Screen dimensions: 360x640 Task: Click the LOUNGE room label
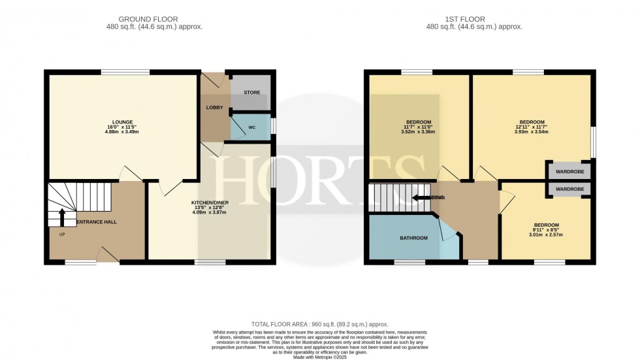pyautogui.click(x=122, y=122)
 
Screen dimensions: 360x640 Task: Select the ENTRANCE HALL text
pyautogui.click(x=97, y=222)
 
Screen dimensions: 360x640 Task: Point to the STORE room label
pyautogui.click(x=251, y=93)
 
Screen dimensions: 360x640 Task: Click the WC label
pyautogui.click(x=252, y=127)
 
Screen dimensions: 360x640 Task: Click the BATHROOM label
pyautogui.click(x=413, y=238)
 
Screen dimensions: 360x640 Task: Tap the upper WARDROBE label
pyautogui.click(x=569, y=172)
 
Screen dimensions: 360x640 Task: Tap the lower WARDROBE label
pyautogui.click(x=569, y=189)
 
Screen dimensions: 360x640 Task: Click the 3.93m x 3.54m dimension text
pyautogui.click(x=532, y=132)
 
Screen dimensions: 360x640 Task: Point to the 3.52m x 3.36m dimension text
pyautogui.click(x=419, y=132)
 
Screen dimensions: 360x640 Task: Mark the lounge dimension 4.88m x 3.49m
pyautogui.click(x=122, y=132)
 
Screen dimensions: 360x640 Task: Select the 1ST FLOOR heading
pyautogui.click(x=474, y=20)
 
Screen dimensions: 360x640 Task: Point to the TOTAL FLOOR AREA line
pyautogui.click(x=319, y=323)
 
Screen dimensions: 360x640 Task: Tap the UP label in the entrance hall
pyautogui.click(x=61, y=235)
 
